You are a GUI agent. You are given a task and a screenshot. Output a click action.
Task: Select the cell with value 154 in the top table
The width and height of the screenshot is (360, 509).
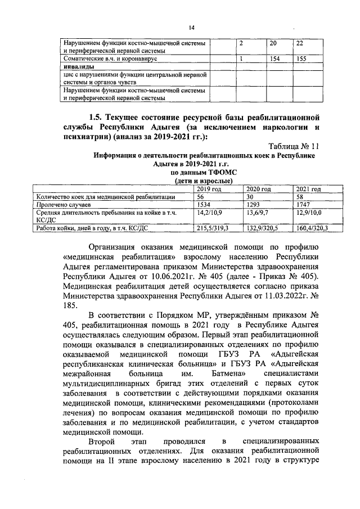[x=275, y=58]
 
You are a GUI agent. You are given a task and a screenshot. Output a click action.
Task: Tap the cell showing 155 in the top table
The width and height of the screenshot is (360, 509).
[x=301, y=58]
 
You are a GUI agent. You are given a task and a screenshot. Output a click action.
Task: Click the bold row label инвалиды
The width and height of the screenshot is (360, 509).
[x=78, y=66]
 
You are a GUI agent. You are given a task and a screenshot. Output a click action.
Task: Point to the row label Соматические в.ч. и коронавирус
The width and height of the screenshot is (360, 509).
[x=109, y=58]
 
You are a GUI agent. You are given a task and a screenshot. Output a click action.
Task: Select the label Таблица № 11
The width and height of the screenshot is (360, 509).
[x=293, y=145]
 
